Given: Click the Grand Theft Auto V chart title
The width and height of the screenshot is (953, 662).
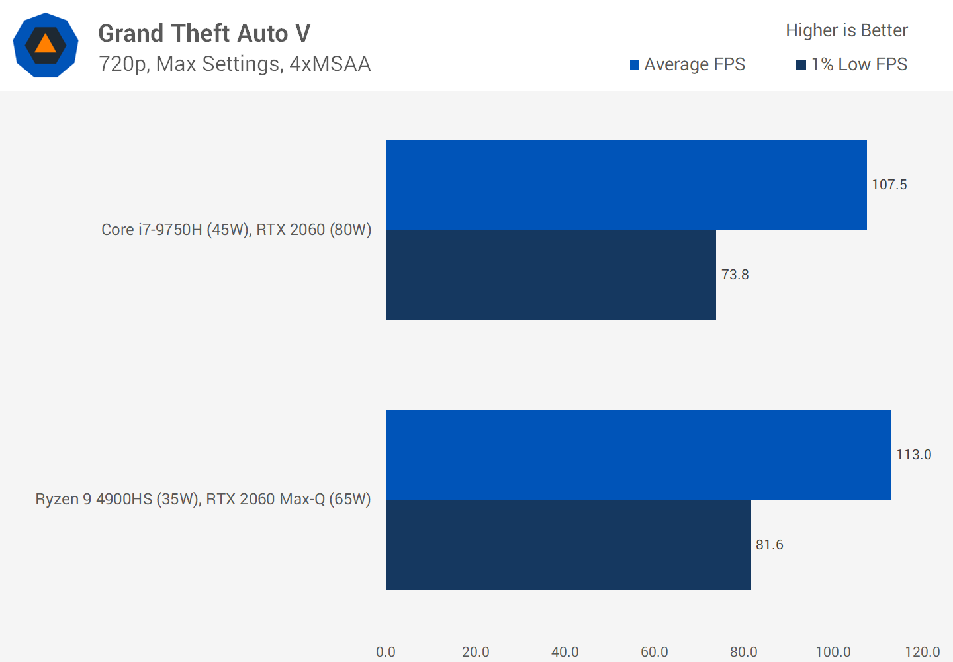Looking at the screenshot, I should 204,33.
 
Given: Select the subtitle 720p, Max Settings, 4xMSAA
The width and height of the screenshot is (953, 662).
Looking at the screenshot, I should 234,64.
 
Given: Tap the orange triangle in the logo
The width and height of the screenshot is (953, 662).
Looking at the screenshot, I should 45,44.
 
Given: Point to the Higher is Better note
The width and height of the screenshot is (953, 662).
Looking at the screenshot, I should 846,30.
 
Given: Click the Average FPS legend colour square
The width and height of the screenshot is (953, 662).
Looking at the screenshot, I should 635,65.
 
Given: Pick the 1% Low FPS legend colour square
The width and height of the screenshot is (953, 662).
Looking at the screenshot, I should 801,65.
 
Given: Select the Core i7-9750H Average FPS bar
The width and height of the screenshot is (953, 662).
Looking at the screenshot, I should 626,185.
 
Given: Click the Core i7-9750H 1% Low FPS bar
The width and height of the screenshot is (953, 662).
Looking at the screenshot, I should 551,275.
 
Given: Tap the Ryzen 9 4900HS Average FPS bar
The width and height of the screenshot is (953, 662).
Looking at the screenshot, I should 638,455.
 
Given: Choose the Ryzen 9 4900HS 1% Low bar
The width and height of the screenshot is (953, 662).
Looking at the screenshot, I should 568,545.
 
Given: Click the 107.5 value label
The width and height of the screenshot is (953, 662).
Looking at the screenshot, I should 889,185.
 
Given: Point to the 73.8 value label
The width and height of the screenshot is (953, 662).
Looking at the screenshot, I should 735,275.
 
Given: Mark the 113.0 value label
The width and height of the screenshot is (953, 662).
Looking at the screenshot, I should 914,455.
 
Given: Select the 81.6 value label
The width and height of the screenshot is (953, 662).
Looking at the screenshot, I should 770,545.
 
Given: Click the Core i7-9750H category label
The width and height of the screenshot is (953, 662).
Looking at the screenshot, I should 236,230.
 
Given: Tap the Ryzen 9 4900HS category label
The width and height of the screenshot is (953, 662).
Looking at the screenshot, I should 203,499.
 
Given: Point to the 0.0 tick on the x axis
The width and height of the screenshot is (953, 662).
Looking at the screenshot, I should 386,652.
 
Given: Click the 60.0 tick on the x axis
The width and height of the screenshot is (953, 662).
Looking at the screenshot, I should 655,652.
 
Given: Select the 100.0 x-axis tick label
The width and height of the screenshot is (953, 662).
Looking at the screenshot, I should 833,652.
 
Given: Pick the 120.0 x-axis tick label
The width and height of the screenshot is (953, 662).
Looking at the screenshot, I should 923,652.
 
